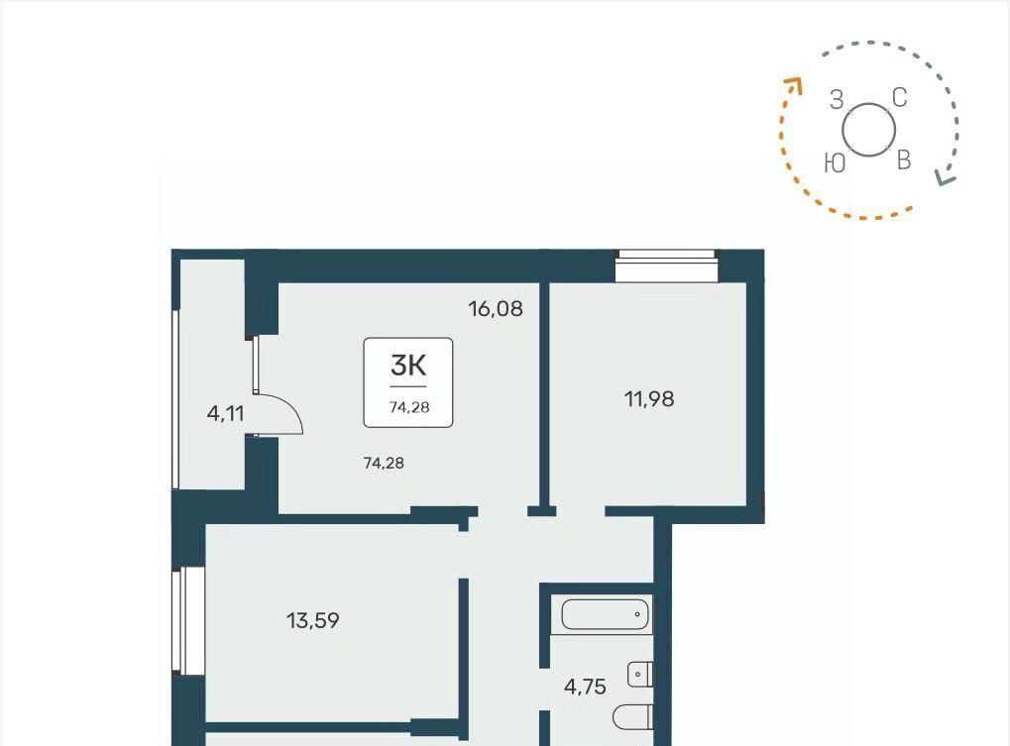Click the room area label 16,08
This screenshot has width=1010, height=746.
click(x=496, y=310)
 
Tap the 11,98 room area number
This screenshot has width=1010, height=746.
click(x=649, y=399)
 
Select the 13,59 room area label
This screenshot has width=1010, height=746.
click(x=312, y=621)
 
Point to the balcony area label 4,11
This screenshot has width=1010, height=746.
click(x=225, y=413)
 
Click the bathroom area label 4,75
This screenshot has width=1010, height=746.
click(x=585, y=688)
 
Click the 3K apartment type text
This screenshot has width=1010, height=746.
click(x=408, y=367)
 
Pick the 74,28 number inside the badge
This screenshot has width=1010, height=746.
click(x=409, y=407)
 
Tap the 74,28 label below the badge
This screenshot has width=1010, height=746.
click(x=384, y=463)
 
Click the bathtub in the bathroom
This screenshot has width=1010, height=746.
click(x=605, y=614)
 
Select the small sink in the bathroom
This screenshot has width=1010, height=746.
click(x=639, y=675)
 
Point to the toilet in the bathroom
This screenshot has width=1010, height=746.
click(x=632, y=717)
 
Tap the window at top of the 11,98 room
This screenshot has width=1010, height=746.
click(x=666, y=266)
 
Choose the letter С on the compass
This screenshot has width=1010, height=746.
click(x=900, y=98)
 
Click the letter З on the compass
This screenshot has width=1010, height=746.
click(x=837, y=100)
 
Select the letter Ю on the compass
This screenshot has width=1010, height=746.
click(x=835, y=163)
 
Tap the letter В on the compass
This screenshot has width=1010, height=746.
click(x=904, y=160)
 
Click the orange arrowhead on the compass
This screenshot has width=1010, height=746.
click(x=793, y=84)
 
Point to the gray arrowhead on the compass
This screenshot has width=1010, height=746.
click(x=946, y=177)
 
